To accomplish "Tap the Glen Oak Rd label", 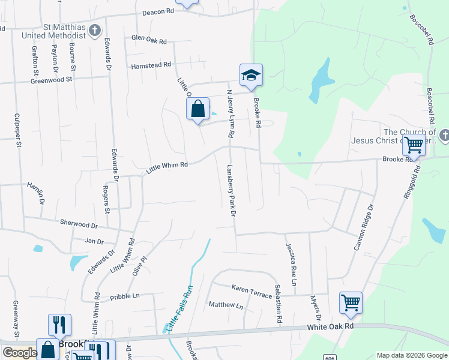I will tap(149, 38).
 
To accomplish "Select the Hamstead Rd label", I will tap(151, 64).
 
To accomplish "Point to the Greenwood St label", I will tap(52, 79).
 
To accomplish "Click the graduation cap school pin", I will tap(252, 76).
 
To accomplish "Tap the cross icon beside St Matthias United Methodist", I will tap(95, 31).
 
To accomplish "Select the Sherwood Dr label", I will tap(78, 223).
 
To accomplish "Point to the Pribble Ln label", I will tap(124, 296).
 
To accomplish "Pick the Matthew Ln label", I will tap(226, 305).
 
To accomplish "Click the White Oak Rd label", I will tap(331, 326).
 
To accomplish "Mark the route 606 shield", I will tap(331, 356).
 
